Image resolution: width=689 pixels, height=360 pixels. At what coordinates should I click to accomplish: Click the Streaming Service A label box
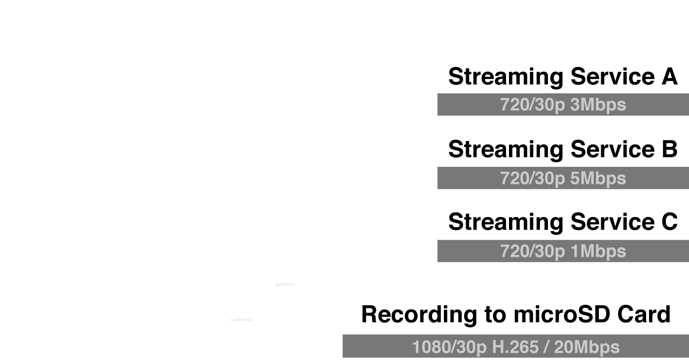pos(563,76)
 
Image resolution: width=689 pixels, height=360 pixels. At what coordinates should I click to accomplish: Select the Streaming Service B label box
pos(563,149)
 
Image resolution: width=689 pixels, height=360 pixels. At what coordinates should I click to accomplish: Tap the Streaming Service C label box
pos(563,221)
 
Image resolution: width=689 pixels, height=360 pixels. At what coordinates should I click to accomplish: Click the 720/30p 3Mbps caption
pos(563,105)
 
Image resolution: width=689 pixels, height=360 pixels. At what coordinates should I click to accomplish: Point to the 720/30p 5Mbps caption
pos(563,178)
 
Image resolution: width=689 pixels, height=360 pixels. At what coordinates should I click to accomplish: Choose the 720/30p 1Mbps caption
pos(563,251)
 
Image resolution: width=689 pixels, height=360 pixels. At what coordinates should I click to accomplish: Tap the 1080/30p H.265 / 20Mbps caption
pos(515,347)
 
